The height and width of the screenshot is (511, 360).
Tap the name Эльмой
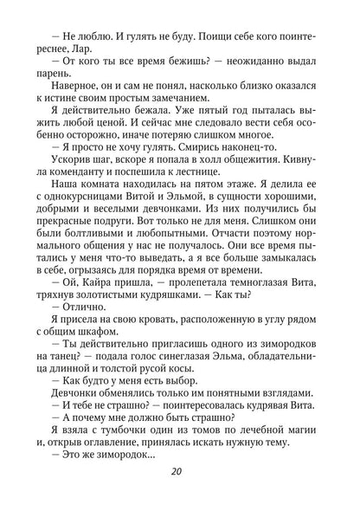click(x=209, y=230)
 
